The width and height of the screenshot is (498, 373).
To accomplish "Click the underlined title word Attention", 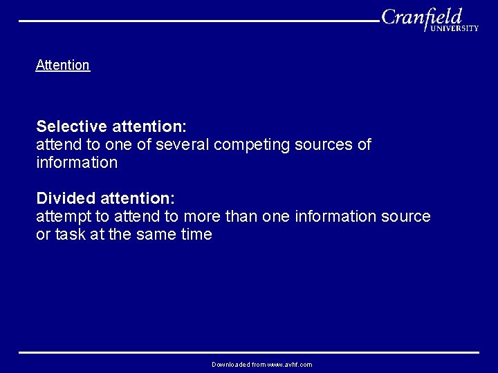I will (62, 65).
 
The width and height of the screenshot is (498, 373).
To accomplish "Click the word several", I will (183, 145).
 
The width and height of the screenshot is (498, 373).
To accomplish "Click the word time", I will (196, 235).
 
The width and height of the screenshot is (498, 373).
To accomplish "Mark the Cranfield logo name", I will (421, 17).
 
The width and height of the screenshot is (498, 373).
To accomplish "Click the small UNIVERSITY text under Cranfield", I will (454, 28).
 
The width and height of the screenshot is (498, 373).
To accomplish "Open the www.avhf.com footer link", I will (290, 365).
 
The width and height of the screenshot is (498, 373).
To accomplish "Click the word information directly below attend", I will (77, 163).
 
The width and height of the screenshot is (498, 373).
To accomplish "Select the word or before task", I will (42, 235).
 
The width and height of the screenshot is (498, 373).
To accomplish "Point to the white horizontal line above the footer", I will (249, 352).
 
